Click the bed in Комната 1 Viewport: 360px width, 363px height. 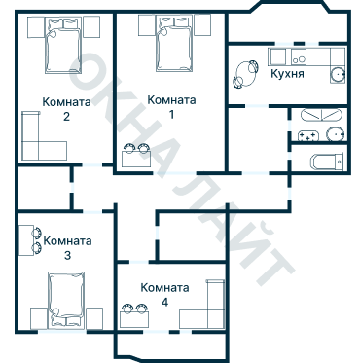pos(171,45)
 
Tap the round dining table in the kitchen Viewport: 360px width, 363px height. pos(242,72)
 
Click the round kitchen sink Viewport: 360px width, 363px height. pos(338,74)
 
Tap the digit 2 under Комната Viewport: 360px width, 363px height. pos(66,117)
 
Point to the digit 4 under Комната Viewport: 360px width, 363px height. pos(163,303)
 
